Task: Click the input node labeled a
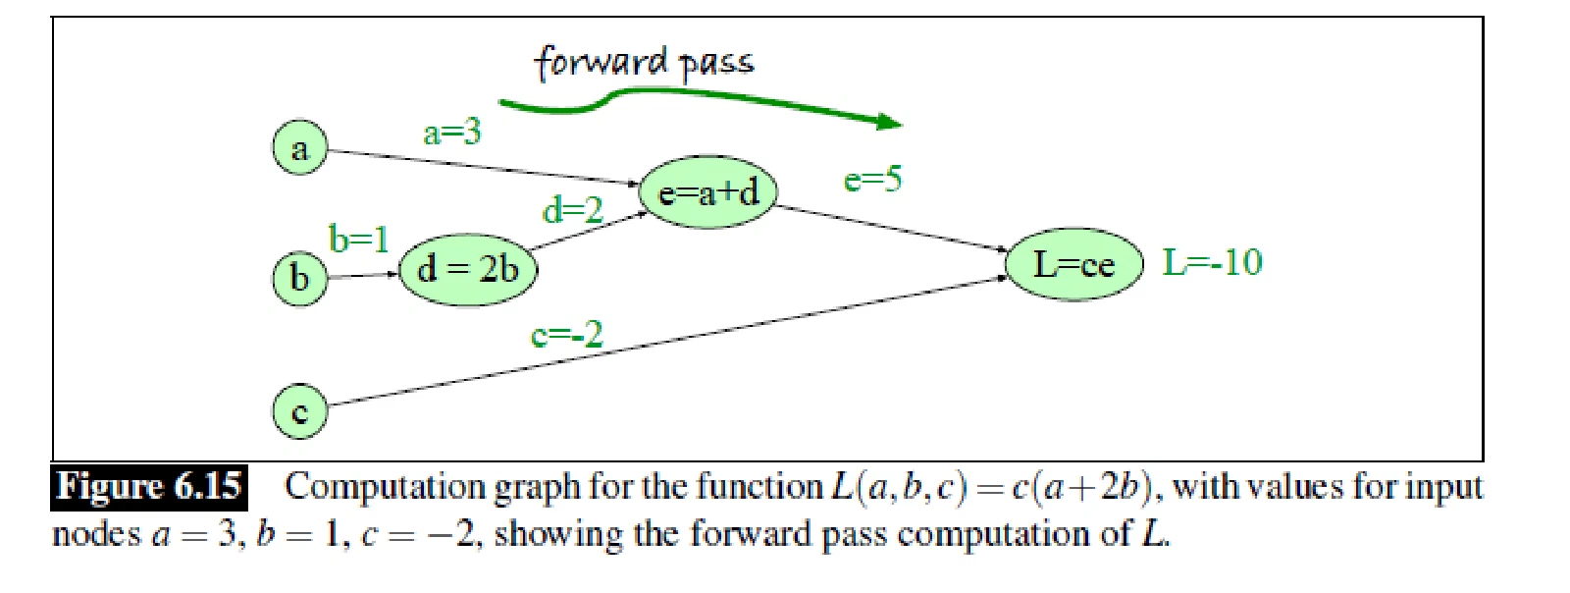coord(300,148)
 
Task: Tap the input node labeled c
coord(300,411)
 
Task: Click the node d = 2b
coord(468,270)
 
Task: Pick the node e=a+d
coord(707,191)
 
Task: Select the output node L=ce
coord(1074,264)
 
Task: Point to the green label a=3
coord(452,132)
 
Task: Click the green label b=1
coord(359,239)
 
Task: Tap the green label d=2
coord(573,209)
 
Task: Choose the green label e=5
coord(872,180)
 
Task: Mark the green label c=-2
coord(566,335)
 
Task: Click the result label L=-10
coord(1213,262)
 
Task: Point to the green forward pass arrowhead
coord(889,122)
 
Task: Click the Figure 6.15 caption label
coord(148,487)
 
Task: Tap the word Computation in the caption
coord(385,487)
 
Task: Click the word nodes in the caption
coord(97,534)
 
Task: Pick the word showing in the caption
coord(558,535)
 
